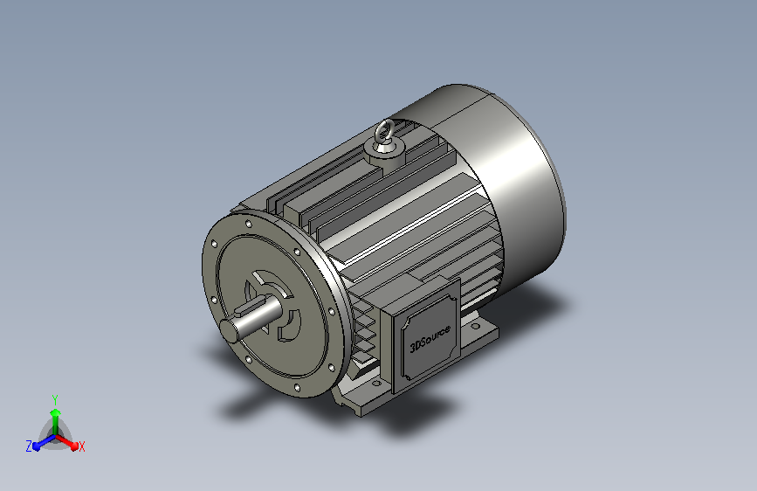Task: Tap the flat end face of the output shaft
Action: (230, 330)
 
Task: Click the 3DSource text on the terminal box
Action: (430, 338)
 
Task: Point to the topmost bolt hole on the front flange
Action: (249, 224)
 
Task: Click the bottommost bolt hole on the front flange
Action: (297, 388)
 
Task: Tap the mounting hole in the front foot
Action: (376, 384)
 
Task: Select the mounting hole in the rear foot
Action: (476, 327)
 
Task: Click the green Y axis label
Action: (55, 400)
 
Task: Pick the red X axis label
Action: (81, 447)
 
